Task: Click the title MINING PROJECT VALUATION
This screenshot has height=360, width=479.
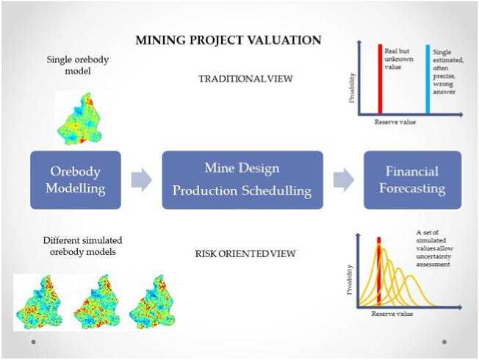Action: pos(228,40)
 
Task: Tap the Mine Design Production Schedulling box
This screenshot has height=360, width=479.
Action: pos(242,180)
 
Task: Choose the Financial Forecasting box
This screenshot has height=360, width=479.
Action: pos(412,180)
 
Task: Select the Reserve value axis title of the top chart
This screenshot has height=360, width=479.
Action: pos(395,122)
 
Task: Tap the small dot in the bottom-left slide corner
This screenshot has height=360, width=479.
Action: pos(33,342)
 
